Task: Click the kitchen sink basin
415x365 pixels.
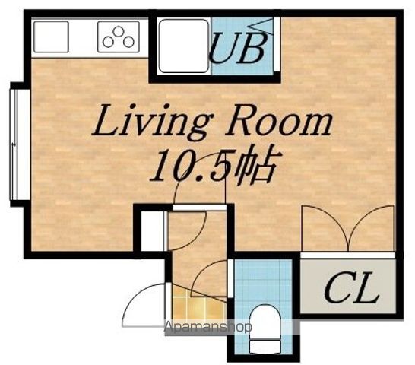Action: coord(51,36)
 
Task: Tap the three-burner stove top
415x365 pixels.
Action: coord(119,36)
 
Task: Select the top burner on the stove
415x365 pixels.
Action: coord(119,31)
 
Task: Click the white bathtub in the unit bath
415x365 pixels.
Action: coord(184,46)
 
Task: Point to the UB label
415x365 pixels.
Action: coord(237,48)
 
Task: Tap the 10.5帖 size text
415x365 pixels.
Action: coord(213,166)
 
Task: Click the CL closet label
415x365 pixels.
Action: coord(351,287)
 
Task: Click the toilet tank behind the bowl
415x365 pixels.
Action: coord(265,347)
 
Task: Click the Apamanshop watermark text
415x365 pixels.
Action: coord(208,328)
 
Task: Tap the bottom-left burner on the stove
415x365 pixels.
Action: coord(108,42)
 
